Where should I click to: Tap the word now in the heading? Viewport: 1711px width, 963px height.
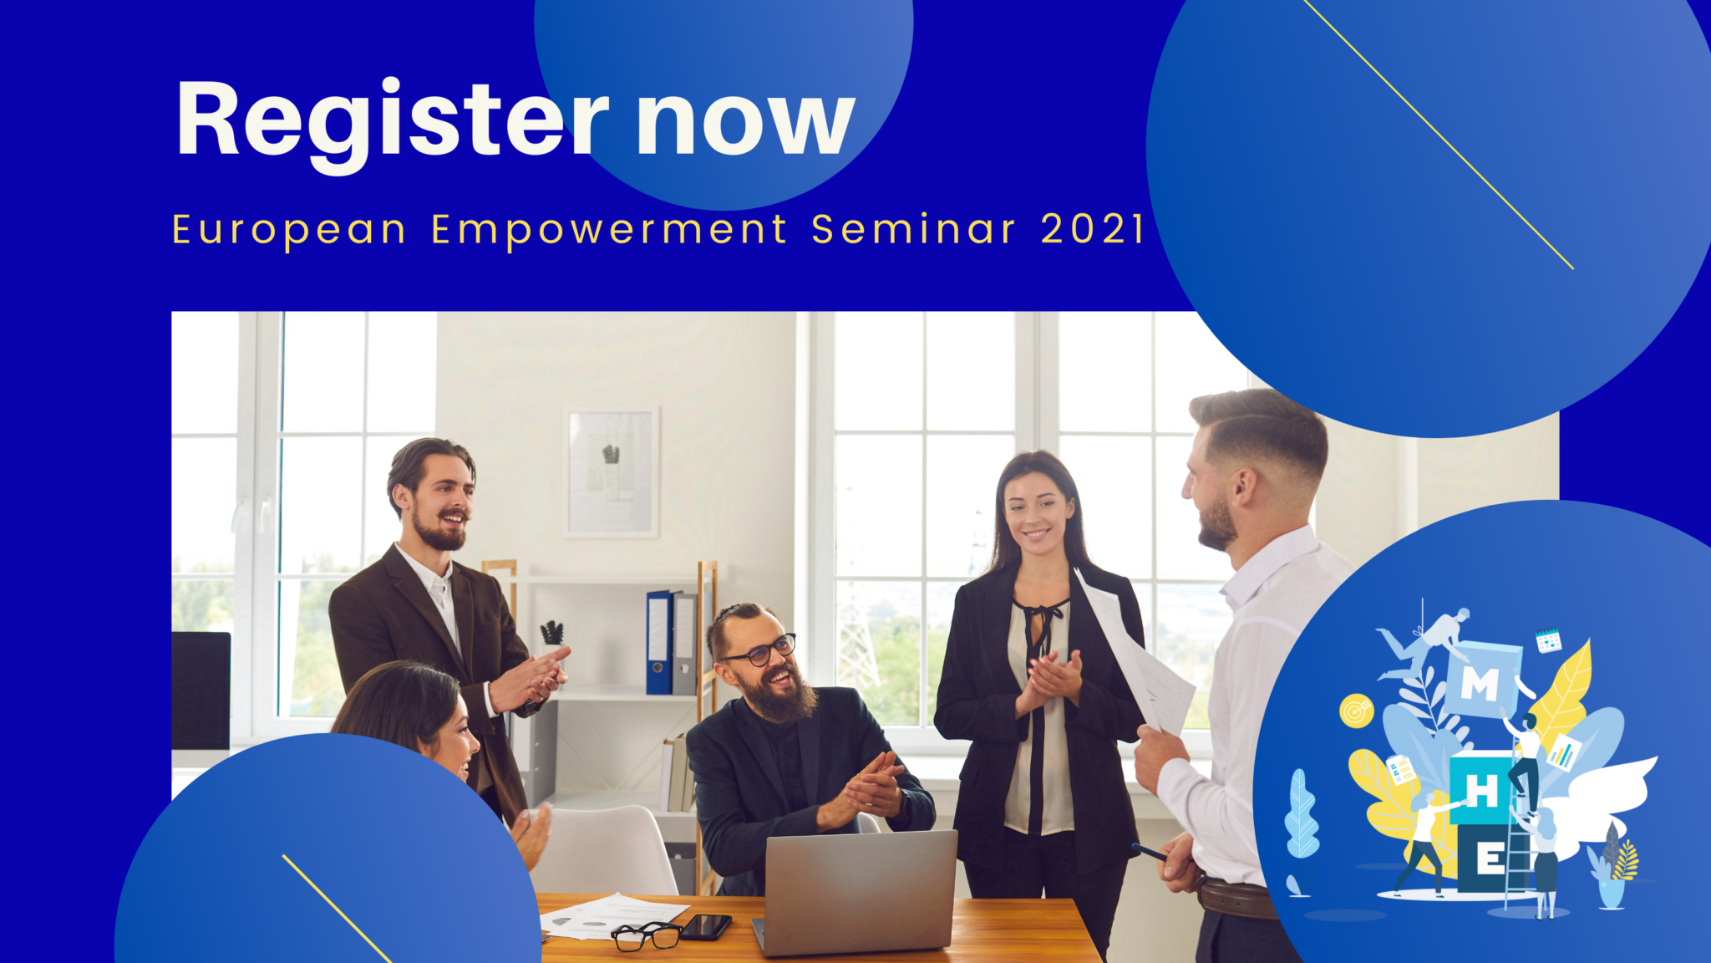coord(746,124)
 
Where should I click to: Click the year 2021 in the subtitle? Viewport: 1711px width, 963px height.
coord(1092,229)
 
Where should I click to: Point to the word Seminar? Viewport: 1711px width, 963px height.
coord(913,229)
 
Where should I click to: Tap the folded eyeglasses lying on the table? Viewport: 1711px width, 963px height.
coord(647,935)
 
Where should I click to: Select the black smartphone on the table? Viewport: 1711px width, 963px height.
coord(706,926)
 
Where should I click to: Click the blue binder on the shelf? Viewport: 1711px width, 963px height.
coord(658,642)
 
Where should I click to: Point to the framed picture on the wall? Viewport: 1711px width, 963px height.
coord(612,471)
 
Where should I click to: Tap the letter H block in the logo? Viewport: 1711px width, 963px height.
coord(1481,789)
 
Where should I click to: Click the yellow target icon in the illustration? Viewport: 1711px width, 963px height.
coord(1356,711)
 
